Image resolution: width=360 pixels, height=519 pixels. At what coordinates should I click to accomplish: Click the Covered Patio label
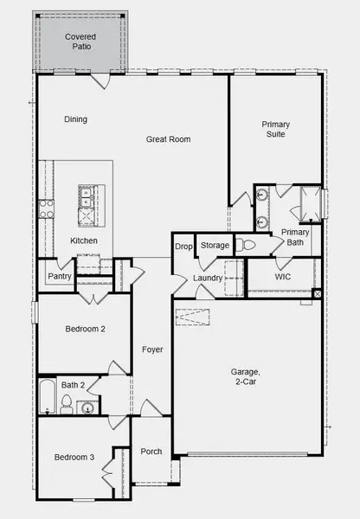[x=81, y=41]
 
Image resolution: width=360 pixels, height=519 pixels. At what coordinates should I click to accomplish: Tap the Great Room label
[x=168, y=138]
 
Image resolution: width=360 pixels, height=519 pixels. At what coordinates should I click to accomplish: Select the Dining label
[x=75, y=119]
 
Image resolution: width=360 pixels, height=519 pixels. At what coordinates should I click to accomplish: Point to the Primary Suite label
[x=276, y=129]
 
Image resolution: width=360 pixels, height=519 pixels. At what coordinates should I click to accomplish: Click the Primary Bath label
[x=295, y=237]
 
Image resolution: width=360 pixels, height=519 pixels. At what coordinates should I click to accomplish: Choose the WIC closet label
[x=283, y=277]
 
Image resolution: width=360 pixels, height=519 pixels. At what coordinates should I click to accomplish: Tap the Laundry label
[x=208, y=278]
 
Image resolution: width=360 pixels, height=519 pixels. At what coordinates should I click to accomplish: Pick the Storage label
[x=215, y=246]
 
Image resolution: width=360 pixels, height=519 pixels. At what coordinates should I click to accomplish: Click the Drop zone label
[x=183, y=247]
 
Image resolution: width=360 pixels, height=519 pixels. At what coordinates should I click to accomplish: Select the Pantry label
[x=60, y=277]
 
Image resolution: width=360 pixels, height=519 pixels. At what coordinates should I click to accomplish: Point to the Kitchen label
[x=84, y=240]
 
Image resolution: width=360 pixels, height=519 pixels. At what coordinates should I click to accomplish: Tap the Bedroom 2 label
[x=85, y=329]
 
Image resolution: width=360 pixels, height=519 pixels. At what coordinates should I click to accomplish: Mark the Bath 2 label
[x=73, y=384]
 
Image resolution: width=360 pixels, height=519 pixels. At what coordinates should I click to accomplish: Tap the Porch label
[x=151, y=451]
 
